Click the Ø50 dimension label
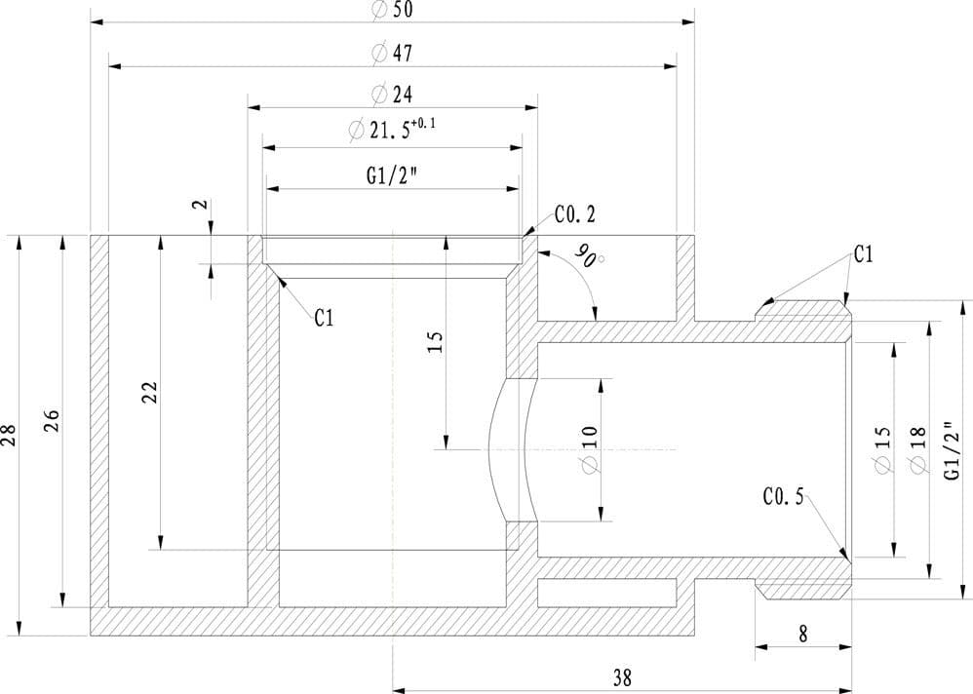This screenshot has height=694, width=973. click(392, 10)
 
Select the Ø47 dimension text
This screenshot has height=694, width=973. click(392, 54)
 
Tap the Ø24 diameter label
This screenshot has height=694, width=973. click(392, 95)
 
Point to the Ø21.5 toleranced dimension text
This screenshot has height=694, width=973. click(392, 129)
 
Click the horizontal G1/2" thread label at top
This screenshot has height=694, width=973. click(391, 176)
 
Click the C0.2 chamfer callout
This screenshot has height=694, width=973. click(574, 214)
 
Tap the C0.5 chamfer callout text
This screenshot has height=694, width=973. click(783, 496)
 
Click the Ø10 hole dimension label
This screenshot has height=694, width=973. click(590, 449)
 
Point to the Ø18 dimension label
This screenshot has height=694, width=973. click(918, 450)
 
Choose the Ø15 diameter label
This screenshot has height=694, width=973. click(883, 450)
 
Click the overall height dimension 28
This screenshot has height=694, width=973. click(9, 435)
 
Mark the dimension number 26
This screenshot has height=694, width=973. click(52, 421)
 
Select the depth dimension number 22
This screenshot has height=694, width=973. click(149, 393)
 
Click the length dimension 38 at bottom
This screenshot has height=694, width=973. click(622, 677)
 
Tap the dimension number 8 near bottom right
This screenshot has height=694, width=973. click(803, 634)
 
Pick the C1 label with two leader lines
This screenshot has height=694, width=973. click(863, 254)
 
